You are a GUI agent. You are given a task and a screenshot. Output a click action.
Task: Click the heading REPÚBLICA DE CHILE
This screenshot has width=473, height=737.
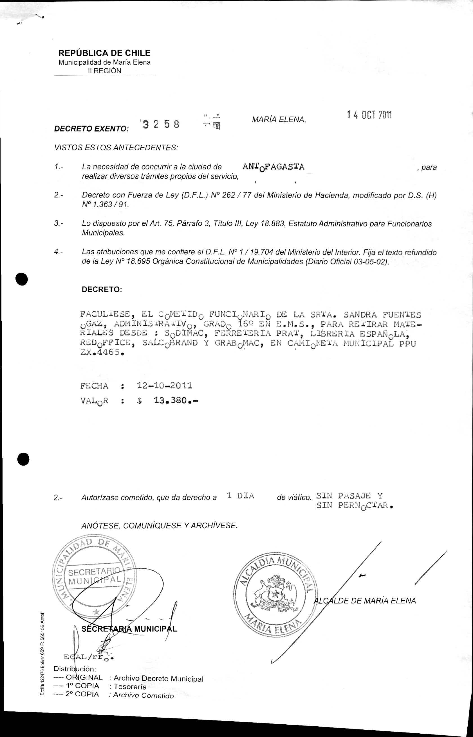coord(104,53)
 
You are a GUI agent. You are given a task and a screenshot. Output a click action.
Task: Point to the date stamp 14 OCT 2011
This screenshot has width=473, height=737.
coord(369,115)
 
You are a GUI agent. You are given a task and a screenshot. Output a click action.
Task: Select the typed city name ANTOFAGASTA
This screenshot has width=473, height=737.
coord(273,167)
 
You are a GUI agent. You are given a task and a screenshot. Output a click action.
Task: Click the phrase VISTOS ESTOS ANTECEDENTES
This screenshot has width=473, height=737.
coord(116,148)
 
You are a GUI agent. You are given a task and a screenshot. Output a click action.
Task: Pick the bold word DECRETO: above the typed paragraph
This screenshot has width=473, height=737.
coord(102,289)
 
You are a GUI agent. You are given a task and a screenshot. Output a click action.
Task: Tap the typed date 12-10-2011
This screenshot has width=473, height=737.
coord(164,385)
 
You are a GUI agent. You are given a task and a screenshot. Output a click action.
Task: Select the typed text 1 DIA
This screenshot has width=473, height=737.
coord(240,496)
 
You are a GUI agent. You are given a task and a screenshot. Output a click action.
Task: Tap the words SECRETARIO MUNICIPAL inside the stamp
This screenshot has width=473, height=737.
coord(95,576)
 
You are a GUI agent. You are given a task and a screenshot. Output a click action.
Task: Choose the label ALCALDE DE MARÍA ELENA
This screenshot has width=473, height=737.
coord(365,601)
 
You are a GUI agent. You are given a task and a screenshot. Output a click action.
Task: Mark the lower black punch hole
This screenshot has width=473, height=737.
coord(22,459)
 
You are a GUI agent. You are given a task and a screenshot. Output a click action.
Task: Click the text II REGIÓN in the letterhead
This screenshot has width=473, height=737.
coord(105,71)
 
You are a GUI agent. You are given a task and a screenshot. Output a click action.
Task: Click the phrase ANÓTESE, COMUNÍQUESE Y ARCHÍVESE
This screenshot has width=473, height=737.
coord(160,526)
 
